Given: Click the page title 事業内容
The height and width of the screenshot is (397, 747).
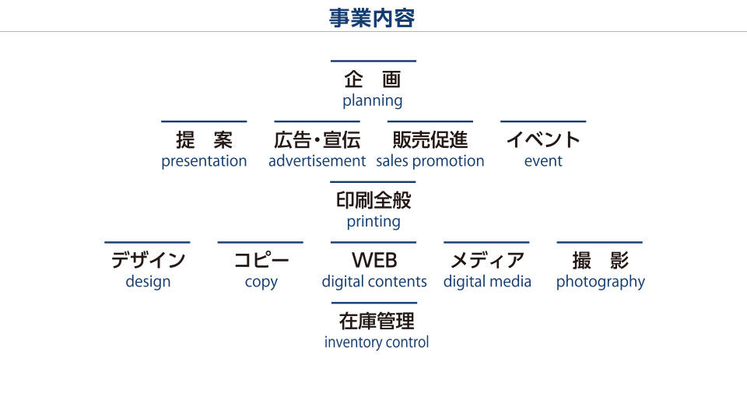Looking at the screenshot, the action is (372, 18).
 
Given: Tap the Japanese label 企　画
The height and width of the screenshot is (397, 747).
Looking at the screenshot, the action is (373, 79).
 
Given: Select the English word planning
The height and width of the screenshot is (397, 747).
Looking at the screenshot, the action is (373, 101).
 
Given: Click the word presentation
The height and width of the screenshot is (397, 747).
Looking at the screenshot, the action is (204, 161).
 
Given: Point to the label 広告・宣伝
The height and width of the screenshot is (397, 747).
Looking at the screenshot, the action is (317, 140).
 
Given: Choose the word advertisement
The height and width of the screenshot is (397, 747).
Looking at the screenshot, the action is (317, 161).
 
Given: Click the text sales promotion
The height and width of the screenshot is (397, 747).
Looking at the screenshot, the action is (430, 161).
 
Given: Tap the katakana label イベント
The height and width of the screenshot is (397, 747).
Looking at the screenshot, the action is (543, 140).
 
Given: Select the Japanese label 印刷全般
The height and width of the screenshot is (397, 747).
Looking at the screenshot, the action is (373, 201).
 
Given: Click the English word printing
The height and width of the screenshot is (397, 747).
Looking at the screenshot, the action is (373, 222).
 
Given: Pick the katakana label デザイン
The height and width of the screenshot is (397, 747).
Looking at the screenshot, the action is (148, 261).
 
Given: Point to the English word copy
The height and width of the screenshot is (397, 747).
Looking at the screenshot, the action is (261, 282).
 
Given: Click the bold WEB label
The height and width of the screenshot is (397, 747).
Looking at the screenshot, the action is (374, 261).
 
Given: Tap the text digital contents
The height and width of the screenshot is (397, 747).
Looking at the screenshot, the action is (374, 282).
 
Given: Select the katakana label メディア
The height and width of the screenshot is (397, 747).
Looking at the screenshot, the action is (487, 261).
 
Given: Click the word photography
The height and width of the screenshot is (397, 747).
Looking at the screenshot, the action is (600, 282).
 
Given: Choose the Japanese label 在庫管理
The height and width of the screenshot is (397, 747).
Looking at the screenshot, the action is (377, 321).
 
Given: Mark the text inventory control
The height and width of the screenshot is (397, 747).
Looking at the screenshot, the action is (377, 343).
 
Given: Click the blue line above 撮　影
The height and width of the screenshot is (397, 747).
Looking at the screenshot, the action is (600, 243).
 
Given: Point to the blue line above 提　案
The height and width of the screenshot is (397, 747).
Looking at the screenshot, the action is (204, 121).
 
